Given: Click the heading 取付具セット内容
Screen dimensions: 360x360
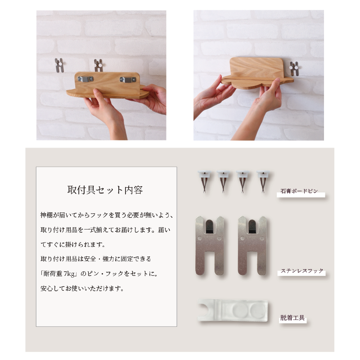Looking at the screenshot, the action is [105, 190].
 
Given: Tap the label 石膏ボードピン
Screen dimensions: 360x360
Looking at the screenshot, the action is [299, 191].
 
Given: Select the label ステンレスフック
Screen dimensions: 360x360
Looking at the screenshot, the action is [302, 271].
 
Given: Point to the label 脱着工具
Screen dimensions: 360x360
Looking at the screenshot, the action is [292, 318].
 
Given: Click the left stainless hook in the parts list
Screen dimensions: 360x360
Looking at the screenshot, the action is [210, 245].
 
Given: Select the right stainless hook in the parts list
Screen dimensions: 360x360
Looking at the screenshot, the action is [252, 245].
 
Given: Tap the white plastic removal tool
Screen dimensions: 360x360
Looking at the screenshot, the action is [233, 310].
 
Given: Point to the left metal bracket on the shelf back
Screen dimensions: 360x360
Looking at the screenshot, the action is [85, 79].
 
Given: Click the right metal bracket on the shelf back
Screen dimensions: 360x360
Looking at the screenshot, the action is [128, 80].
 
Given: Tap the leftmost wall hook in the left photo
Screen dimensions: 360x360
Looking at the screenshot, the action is [59, 65].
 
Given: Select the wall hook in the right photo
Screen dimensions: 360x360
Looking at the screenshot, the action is [294, 68].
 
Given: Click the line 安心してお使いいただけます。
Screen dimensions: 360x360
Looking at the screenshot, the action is [82, 288].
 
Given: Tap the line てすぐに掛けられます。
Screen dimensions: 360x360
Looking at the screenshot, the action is [73, 244].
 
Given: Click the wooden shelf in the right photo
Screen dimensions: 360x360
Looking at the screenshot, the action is [257, 72].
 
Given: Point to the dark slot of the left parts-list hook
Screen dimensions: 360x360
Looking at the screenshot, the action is [209, 226].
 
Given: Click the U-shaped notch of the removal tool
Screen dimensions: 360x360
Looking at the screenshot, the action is [204, 309].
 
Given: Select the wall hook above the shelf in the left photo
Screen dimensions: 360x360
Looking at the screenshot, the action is [99, 65].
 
